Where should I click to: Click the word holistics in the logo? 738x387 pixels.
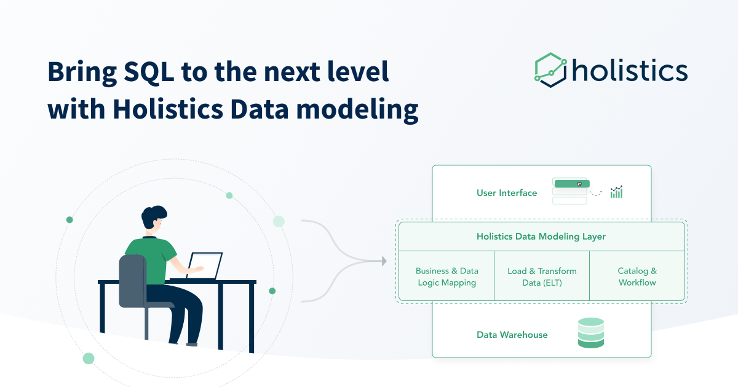coord(629,70)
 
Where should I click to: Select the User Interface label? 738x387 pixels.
coord(506,193)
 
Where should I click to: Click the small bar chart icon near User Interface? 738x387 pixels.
coord(616,192)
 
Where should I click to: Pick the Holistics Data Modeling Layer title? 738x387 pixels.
coord(541,237)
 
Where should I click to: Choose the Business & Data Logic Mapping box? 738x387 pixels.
coord(446,276)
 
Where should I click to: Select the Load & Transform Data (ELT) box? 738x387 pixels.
coord(542,276)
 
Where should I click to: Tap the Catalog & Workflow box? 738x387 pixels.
coord(637,276)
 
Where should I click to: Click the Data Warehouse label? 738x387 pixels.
coord(512,335)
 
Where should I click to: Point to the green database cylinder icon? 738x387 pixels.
coord(591,334)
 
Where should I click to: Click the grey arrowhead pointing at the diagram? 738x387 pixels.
coord(384,261)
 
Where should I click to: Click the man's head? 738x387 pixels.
coord(154,220)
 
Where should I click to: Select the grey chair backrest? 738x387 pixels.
coord(132,280)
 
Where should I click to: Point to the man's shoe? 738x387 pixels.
coord(192,343)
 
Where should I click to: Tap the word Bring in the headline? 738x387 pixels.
coord(78,72)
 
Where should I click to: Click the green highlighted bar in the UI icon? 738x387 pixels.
coord(571,184)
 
